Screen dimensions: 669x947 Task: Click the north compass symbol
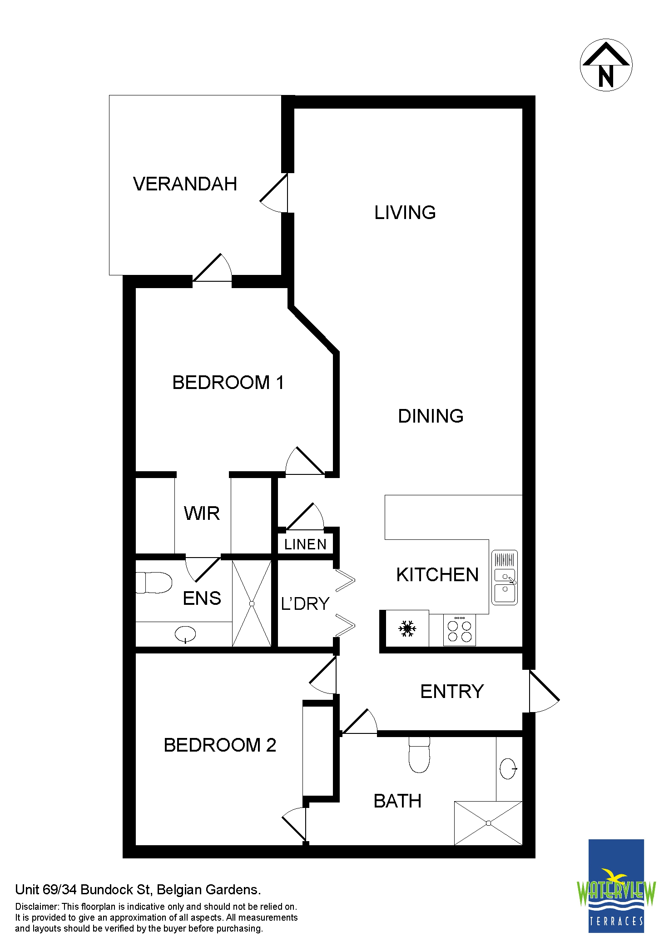[606, 65]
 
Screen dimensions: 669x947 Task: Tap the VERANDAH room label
[185, 184]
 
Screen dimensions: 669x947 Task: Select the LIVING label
[405, 213]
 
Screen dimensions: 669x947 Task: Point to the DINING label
[431, 416]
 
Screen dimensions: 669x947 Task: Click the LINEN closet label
[305, 544]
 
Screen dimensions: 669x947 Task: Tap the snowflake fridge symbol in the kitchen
[407, 629]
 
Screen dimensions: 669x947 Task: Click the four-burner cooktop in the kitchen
[460, 630]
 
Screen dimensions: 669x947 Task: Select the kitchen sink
[505, 578]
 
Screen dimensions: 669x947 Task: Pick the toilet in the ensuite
[154, 583]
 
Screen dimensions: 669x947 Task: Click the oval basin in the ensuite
[185, 634]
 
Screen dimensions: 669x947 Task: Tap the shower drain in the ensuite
[252, 603]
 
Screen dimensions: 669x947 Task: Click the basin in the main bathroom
[508, 769]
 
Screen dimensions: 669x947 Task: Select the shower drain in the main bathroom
[488, 823]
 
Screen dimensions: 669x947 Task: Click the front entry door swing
[544, 691]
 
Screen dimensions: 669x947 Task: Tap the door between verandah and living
[274, 193]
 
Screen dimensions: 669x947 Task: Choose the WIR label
[202, 514]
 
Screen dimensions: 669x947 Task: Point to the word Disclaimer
[37, 907]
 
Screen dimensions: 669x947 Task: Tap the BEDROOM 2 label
[220, 745]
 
